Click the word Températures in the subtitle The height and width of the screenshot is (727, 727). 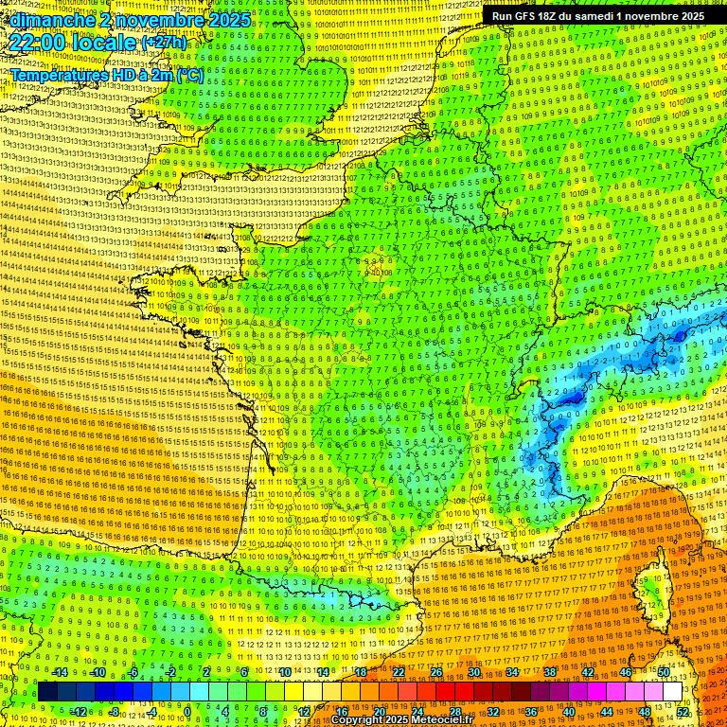pyautogui.click(x=56, y=75)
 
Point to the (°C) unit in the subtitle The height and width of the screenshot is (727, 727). pyautogui.click(x=188, y=75)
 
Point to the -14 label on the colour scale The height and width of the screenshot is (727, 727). pyautogui.click(x=60, y=672)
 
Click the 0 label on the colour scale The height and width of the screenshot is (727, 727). pyautogui.click(x=187, y=712)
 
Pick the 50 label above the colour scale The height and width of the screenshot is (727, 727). pyautogui.click(x=663, y=672)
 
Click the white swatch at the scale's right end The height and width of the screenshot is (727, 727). pyautogui.click(x=672, y=692)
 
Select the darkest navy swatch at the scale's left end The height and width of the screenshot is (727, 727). pyautogui.click(x=47, y=692)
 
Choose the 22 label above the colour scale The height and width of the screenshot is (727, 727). pyautogui.click(x=399, y=672)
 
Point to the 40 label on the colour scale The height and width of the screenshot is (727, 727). pyautogui.click(x=568, y=712)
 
